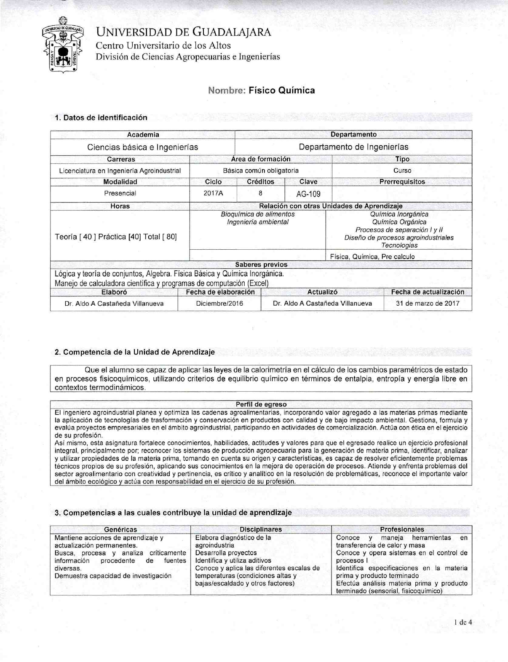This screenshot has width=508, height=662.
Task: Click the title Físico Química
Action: pos(282,90)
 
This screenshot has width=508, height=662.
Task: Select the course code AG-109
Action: pos(308,194)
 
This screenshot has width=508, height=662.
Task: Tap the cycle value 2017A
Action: pos(213,193)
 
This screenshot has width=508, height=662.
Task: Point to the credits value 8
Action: pos(260,193)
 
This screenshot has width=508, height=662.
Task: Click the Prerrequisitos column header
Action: pos(402,182)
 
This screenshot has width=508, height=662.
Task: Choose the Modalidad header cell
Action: pos(120,182)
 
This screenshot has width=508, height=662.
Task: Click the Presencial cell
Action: pos(120,193)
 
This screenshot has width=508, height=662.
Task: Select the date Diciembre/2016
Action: pos(219,303)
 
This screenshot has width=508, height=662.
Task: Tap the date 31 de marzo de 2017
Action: pos(428,303)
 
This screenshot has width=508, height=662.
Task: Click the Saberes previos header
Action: pos(261,264)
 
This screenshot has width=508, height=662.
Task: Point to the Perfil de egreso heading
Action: pos(261,405)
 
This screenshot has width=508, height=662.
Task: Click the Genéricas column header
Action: pos(120,529)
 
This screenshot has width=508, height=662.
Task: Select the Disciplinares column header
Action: pos(261,529)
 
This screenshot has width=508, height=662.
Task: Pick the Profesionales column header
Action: pos(402,529)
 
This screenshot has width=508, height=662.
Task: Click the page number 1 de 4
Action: pos(463,622)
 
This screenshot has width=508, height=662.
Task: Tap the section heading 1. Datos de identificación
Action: pos(101,117)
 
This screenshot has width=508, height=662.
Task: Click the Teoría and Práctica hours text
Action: pos(116,237)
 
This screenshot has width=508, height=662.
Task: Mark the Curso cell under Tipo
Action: pos(402,171)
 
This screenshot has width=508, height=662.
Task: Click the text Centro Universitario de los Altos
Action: pos(163,45)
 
